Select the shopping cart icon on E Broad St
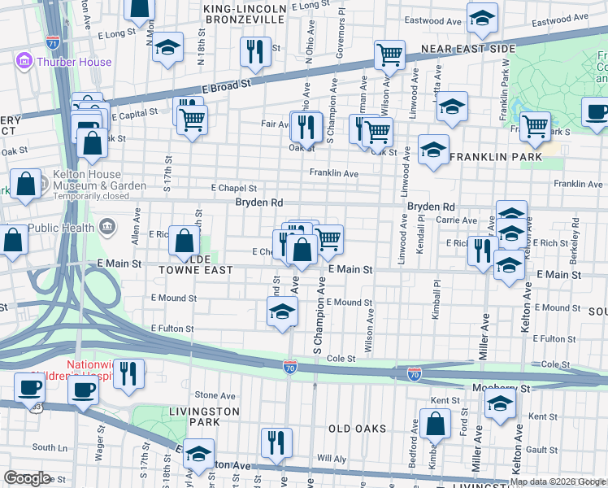pyautogui.click(x=389, y=55)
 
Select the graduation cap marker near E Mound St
pyautogui.click(x=282, y=312)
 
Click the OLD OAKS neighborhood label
pyautogui.click(x=360, y=428)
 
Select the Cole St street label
pyautogui.click(x=341, y=358)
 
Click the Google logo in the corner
pyautogui.click(x=27, y=478)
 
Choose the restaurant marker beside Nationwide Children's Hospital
pyautogui.click(x=128, y=373)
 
